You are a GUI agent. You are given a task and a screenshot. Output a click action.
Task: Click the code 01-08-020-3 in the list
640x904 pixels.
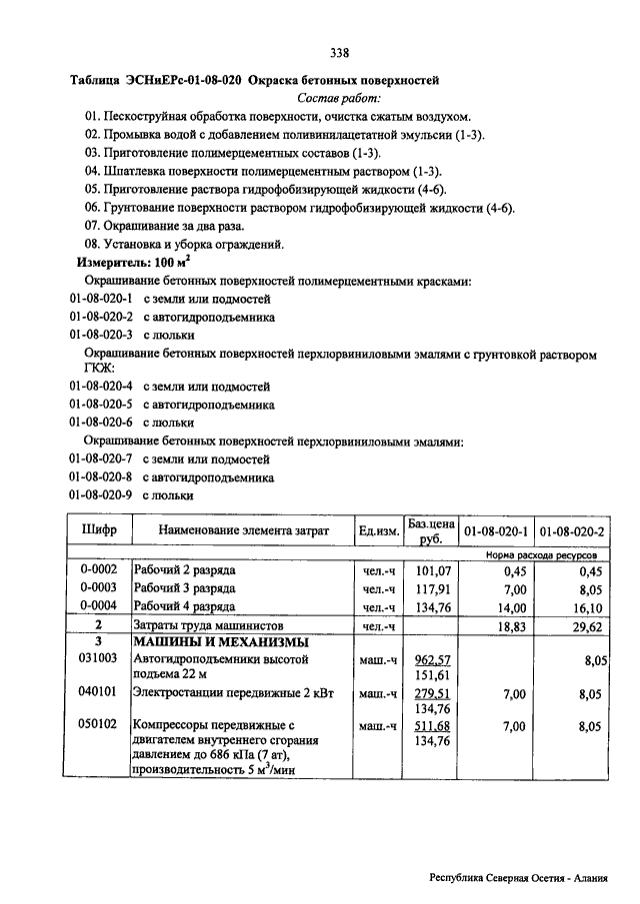(x=101, y=335)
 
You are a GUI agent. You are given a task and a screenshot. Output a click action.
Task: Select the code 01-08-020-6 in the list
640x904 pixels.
(x=101, y=423)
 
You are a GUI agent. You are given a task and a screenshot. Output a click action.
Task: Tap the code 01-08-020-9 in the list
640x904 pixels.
(x=101, y=494)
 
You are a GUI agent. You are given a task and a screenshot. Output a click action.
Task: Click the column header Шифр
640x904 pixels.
(x=98, y=530)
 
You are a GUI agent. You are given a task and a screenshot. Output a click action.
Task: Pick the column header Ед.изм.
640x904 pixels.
(x=379, y=530)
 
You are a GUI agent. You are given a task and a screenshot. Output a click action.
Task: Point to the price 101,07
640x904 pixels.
(x=434, y=571)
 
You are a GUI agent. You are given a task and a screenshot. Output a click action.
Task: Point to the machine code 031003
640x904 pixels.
(x=99, y=659)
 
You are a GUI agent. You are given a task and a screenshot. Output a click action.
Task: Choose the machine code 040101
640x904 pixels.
(x=99, y=692)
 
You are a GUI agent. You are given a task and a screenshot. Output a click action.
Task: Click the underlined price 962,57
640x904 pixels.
(x=434, y=659)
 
